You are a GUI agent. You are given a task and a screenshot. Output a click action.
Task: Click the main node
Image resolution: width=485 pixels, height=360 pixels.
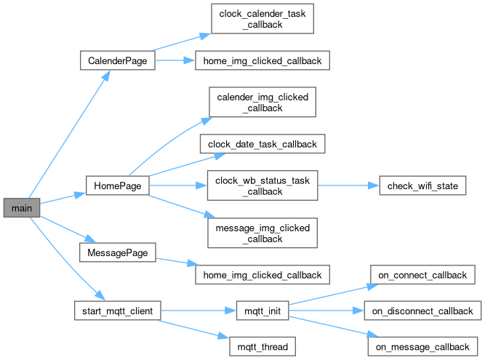pos(21,209)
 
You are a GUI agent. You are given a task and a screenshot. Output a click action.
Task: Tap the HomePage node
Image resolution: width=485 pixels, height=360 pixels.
pos(117,185)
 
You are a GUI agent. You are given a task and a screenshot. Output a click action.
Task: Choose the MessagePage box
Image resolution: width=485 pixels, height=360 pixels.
pos(117,253)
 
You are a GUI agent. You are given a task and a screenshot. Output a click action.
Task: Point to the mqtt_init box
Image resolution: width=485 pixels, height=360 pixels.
pos(262,311)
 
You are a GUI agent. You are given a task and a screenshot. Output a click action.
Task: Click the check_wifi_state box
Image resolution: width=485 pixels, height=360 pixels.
pos(422,185)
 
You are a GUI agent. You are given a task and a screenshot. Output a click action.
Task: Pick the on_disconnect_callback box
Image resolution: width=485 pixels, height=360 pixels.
pos(422,311)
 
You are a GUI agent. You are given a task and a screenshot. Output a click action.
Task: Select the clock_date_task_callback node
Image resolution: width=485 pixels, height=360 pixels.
pos(262,144)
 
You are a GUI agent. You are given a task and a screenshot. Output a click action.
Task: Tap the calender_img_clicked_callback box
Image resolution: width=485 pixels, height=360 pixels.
pos(262,103)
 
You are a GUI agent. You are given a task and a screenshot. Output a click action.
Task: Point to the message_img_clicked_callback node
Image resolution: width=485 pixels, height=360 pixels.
pos(262,233)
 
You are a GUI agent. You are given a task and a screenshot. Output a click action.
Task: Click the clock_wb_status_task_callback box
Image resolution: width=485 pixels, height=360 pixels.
pos(262,185)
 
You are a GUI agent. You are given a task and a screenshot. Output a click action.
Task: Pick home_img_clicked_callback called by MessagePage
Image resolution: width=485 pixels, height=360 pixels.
pos(262,275)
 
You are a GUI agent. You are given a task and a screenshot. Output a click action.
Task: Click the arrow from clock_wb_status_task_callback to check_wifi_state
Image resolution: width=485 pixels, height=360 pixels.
pos(348,185)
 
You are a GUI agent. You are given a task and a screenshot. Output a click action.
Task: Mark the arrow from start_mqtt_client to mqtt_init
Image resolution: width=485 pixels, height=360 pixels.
pos(196,311)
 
